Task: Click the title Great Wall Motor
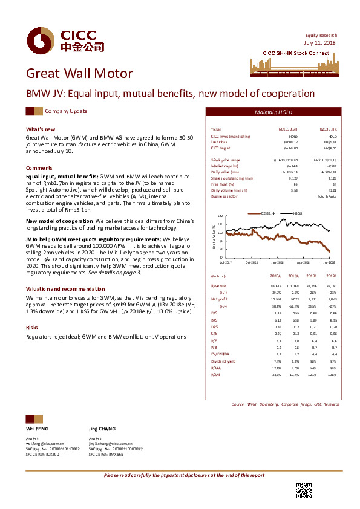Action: click(79, 74)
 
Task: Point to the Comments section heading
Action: click(39, 167)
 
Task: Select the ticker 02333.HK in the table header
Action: click(328, 130)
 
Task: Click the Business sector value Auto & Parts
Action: click(326, 196)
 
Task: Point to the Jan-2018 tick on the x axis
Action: click(278, 262)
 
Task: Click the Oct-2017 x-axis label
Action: click(252, 262)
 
